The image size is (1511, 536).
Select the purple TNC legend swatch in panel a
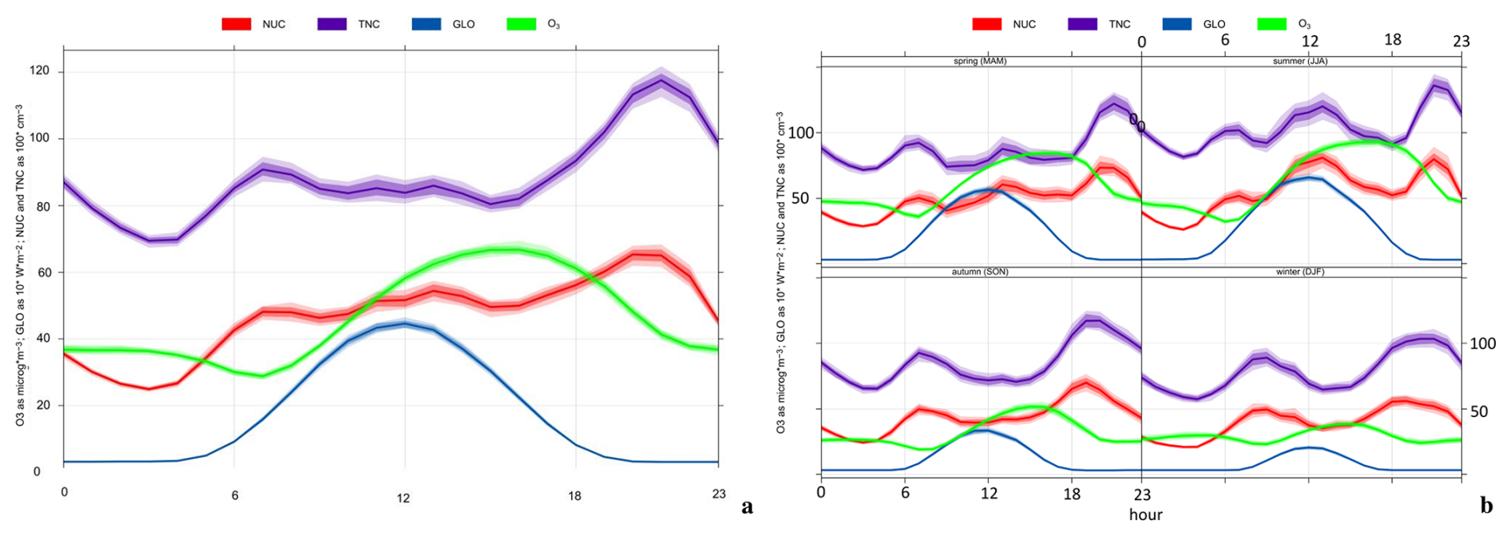[331, 25]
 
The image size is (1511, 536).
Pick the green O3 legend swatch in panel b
[1271, 24]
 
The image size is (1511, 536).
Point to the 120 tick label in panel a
[40, 72]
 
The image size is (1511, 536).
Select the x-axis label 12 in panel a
[403, 498]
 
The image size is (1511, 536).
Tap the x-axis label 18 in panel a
[574, 496]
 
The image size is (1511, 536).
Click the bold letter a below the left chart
[747, 506]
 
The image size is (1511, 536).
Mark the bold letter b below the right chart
[1486, 506]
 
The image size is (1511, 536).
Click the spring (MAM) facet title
[980, 61]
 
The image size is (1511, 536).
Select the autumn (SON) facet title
[980, 272]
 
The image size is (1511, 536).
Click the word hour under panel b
[1145, 515]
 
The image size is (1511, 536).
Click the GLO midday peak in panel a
[404, 324]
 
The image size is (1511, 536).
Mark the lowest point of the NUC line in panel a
[149, 389]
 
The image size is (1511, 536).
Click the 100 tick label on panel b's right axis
[1483, 343]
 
